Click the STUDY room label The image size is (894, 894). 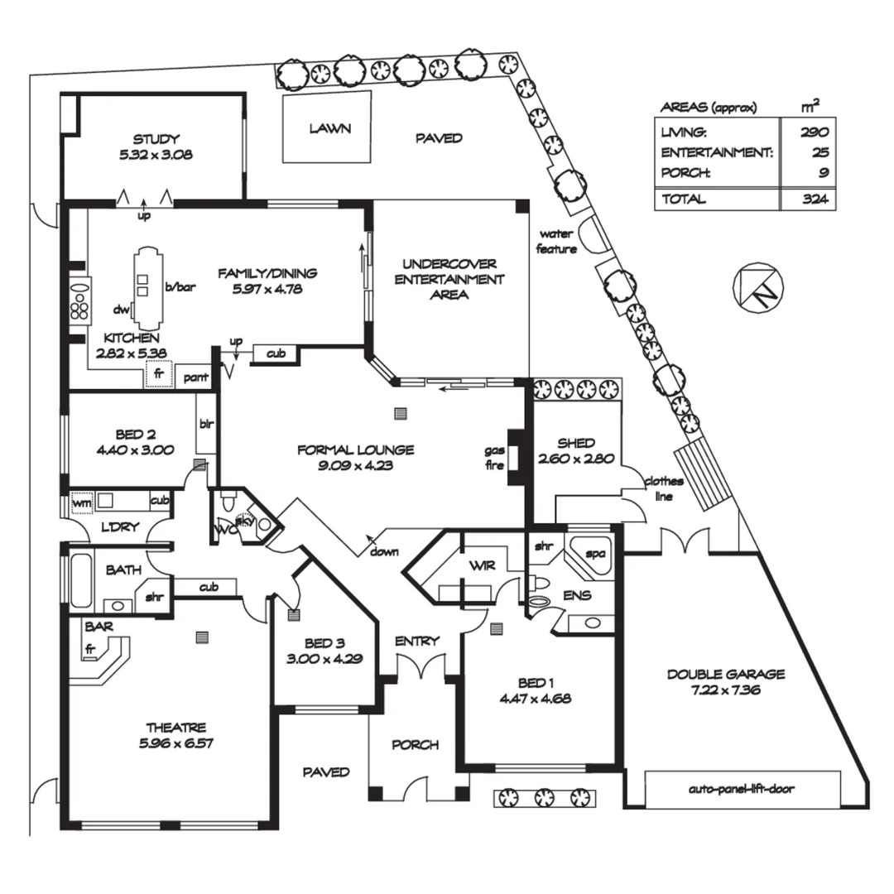coord(156,139)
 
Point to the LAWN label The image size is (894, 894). coord(330,128)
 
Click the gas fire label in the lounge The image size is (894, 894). coord(495,457)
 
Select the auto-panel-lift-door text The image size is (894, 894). coord(741,789)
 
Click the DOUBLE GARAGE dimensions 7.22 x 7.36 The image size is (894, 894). coord(726,690)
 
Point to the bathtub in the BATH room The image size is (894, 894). coord(79,580)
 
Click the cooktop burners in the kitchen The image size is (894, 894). coord(81,301)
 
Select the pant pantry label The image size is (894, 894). coord(195,376)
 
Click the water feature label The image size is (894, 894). coord(556,241)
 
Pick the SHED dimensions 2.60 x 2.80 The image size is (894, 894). coord(575,459)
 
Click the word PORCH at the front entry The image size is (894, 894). coord(415,744)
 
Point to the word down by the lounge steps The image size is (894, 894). coord(386,551)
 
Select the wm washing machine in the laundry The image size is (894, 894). coord(81,502)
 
